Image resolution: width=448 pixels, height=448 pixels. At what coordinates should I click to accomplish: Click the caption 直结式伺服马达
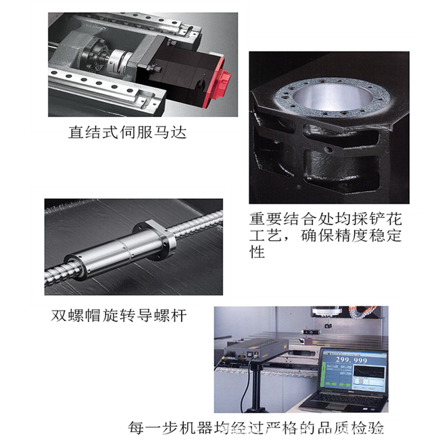tap(127, 132)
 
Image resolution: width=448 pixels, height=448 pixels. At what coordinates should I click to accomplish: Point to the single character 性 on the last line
tap(257, 252)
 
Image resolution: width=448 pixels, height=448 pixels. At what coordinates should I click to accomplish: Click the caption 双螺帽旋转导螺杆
tap(119, 315)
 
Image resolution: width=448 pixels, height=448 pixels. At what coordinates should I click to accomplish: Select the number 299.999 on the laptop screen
tap(351, 360)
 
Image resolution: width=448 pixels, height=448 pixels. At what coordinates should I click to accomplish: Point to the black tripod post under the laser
tap(256, 386)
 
